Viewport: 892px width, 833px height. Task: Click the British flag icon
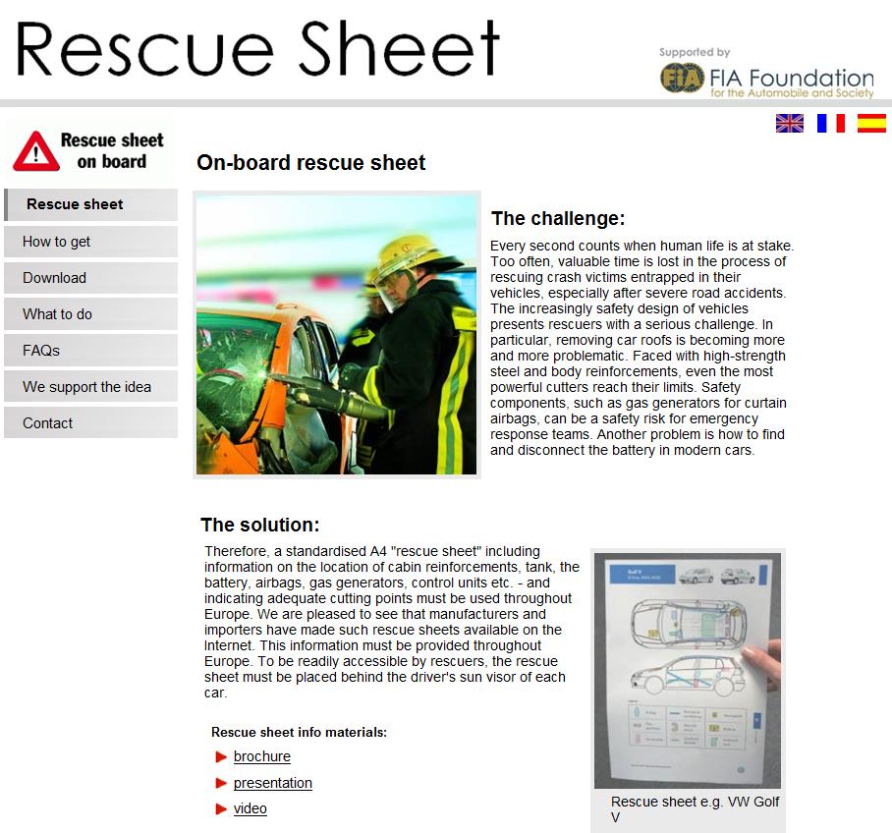click(x=790, y=123)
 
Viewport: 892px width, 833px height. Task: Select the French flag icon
click(x=831, y=123)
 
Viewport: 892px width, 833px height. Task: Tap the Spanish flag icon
click(x=871, y=123)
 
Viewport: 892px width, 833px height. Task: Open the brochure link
click(x=262, y=756)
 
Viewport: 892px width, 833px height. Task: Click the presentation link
click(x=273, y=783)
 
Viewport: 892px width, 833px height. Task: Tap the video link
click(x=251, y=808)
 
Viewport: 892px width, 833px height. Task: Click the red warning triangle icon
click(x=35, y=150)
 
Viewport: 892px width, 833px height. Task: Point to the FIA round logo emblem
click(x=680, y=78)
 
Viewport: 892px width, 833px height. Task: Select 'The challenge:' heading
click(x=558, y=218)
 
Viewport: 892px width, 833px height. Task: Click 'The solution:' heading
click(x=260, y=525)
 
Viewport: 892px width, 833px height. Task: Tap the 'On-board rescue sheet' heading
click(x=311, y=163)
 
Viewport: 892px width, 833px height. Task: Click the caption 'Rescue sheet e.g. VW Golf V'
click(x=695, y=809)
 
